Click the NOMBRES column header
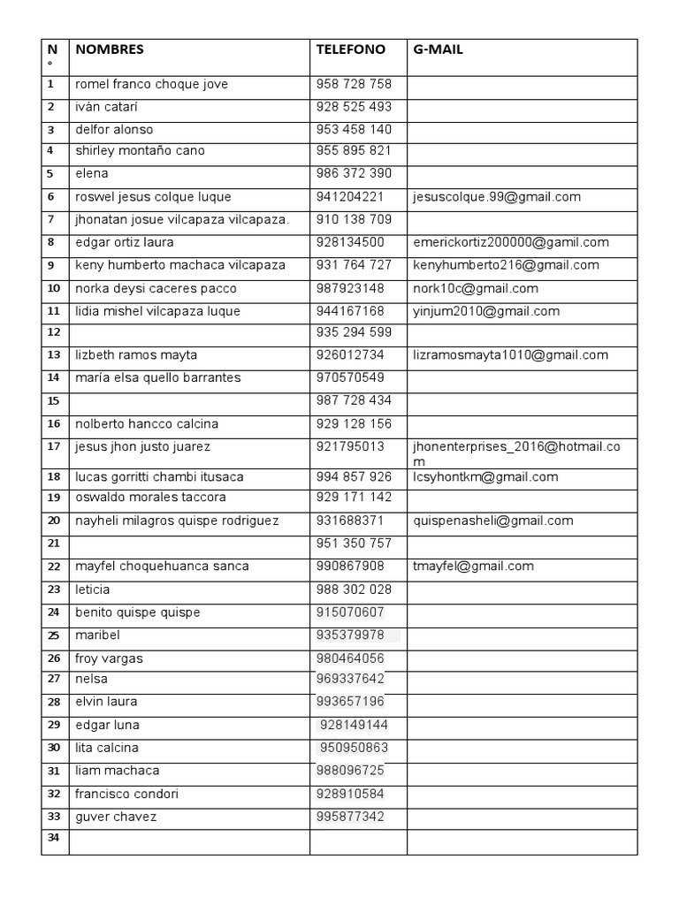pyautogui.click(x=110, y=50)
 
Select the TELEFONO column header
pyautogui.click(x=351, y=50)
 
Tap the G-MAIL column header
pyautogui.click(x=439, y=50)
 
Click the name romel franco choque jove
pyautogui.click(x=152, y=85)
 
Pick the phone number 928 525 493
pyautogui.click(x=354, y=107)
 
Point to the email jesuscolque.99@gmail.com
pyautogui.click(x=497, y=197)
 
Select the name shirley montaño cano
pyautogui.click(x=141, y=151)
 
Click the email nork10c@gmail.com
pyautogui.click(x=476, y=289)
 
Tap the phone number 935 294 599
pyautogui.click(x=354, y=333)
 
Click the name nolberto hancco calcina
pyautogui.click(x=147, y=424)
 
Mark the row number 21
pyautogui.click(x=53, y=543)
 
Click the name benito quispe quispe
pyautogui.click(x=138, y=612)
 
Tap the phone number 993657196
pyautogui.click(x=350, y=703)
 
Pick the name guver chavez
pyautogui.click(x=116, y=817)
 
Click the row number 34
pyautogui.click(x=53, y=837)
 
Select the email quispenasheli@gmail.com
pyautogui.click(x=493, y=521)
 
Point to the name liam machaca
pyautogui.click(x=118, y=771)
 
